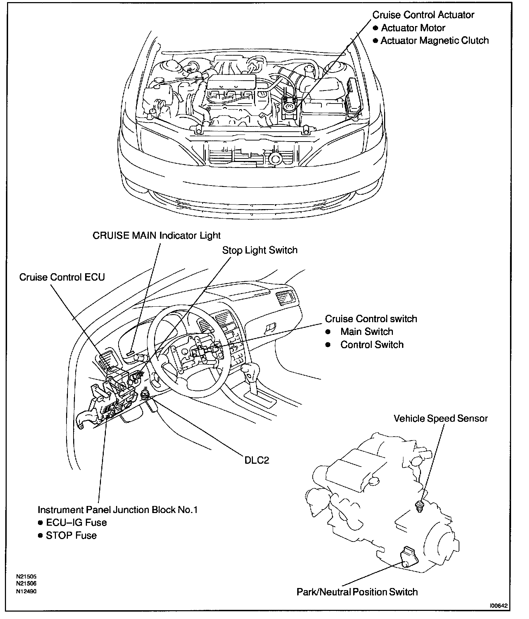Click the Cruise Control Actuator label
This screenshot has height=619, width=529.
coord(423,15)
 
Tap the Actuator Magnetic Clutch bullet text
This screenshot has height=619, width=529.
coord(434,40)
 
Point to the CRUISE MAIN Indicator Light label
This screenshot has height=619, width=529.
coord(157,235)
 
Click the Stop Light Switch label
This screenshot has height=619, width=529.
coord(260,250)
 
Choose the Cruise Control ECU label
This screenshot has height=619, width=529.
coord(62,277)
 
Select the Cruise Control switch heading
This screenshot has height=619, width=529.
coord(371,319)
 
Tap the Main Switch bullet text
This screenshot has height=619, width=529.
coord(367,331)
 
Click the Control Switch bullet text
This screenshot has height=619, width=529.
coord(372,344)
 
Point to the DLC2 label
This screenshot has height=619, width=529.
coord(257,460)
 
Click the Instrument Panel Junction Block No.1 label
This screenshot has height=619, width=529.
coord(117,509)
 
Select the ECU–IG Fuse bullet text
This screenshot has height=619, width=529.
coord(76,522)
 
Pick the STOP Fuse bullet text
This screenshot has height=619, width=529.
coord(71,535)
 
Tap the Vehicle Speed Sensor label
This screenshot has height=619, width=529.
coord(440,418)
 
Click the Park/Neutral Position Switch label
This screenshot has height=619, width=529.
coord(357,592)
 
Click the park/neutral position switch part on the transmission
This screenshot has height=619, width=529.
coord(408,557)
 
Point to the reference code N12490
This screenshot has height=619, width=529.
coord(26,591)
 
